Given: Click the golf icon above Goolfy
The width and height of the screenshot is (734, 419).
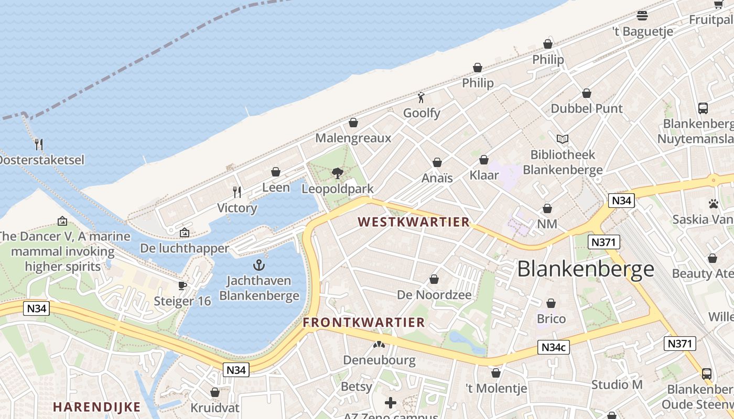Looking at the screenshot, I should pyautogui.click(x=421, y=97).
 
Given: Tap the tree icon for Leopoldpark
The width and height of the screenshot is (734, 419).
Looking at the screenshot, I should pyautogui.click(x=338, y=173).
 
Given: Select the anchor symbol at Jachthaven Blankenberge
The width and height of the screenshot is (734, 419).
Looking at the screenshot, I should pyautogui.click(x=259, y=265).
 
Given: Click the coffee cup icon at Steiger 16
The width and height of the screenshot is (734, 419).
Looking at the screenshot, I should pyautogui.click(x=182, y=285).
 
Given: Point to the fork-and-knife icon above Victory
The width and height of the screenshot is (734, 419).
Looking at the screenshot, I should pyautogui.click(x=237, y=192).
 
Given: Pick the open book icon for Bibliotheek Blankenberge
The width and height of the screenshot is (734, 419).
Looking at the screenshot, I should pyautogui.click(x=563, y=139).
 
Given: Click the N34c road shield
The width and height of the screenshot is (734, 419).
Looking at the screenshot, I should pyautogui.click(x=553, y=347).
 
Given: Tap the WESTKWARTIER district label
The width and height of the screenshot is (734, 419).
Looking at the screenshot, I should pyautogui.click(x=414, y=222).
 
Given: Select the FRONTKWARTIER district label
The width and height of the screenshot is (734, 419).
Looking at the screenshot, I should pyautogui.click(x=364, y=323).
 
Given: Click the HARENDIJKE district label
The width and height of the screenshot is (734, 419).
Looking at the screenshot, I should pyautogui.click(x=97, y=407).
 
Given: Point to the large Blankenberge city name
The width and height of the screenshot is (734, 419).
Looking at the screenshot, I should pyautogui.click(x=586, y=269).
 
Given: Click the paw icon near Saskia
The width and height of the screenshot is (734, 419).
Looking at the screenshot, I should pyautogui.click(x=713, y=204).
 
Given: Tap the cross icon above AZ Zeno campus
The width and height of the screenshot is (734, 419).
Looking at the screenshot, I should pyautogui.click(x=391, y=403).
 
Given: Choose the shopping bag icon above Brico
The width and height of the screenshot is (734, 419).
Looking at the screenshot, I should pyautogui.click(x=551, y=303).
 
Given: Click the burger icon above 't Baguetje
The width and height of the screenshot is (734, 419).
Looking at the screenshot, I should pyautogui.click(x=642, y=16).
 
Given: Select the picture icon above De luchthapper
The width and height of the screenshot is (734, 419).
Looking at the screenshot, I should pyautogui.click(x=185, y=233).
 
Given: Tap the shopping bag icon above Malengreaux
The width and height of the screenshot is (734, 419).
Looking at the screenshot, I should pyautogui.click(x=353, y=123).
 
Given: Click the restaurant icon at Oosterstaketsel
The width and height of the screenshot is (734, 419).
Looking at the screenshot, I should pyautogui.click(x=38, y=145).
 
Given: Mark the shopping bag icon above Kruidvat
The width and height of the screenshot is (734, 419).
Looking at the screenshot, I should pyautogui.click(x=214, y=392).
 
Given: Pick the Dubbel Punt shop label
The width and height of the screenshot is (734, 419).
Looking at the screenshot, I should pyautogui.click(x=586, y=108).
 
